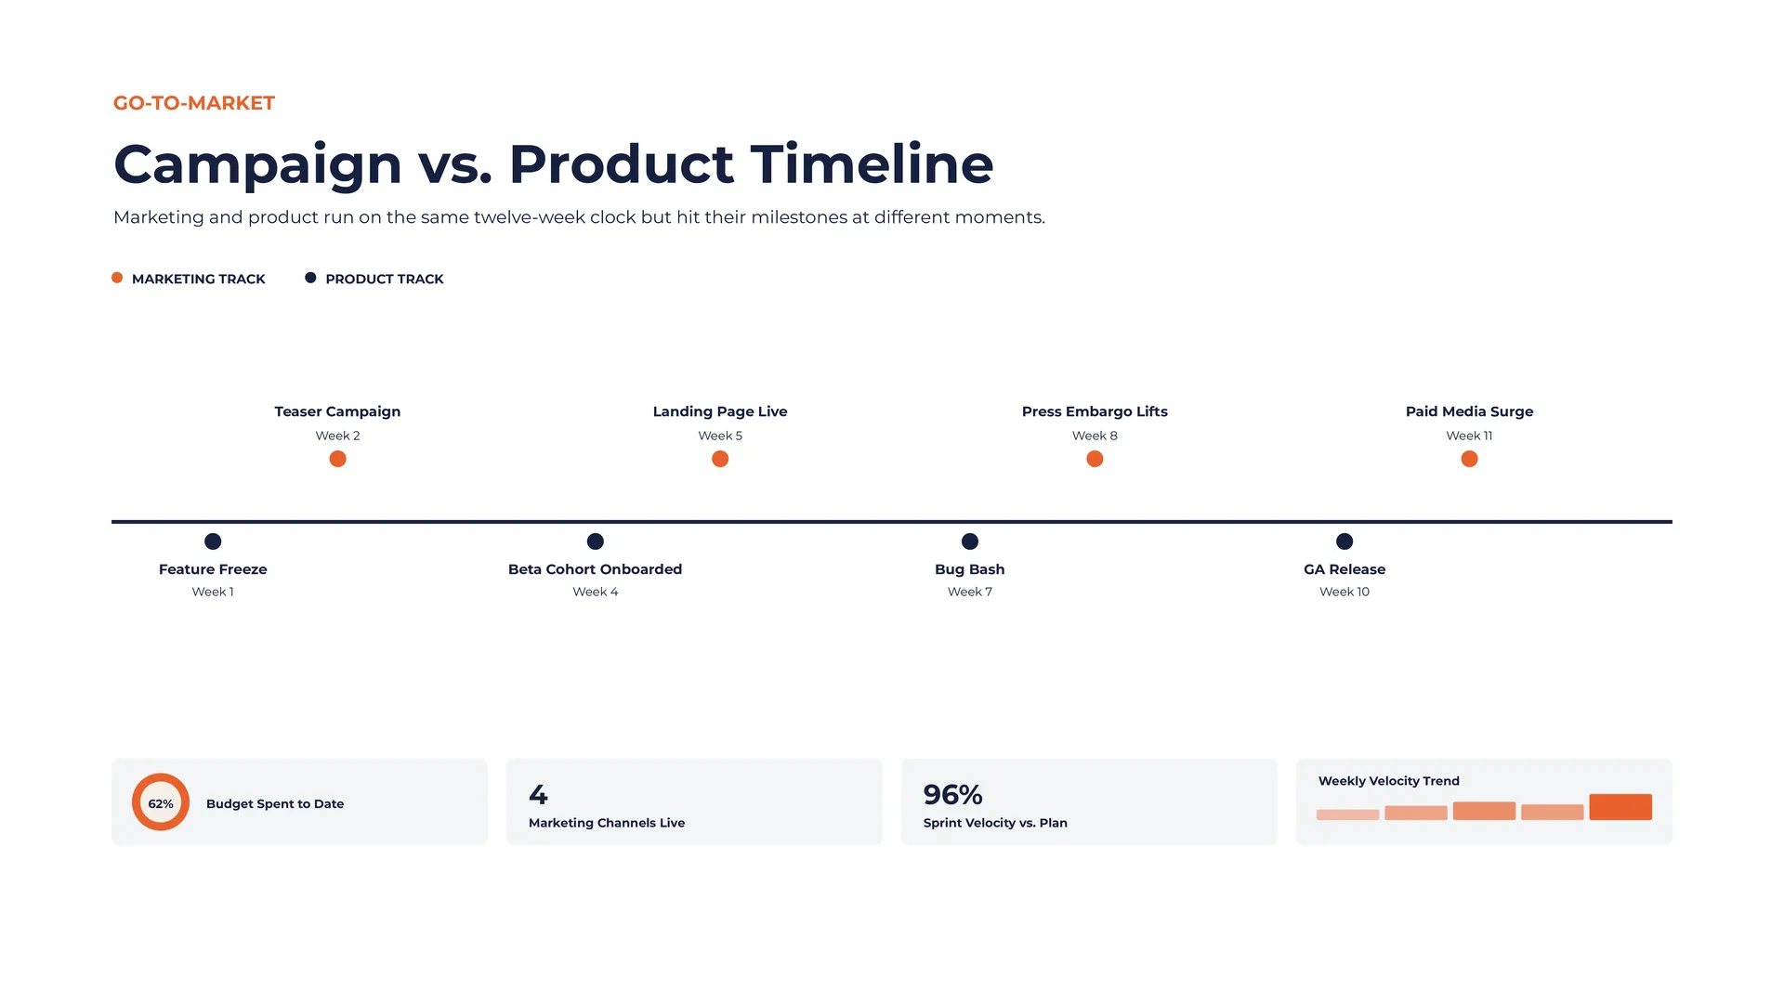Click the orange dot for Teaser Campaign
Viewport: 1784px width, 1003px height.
tap(337, 459)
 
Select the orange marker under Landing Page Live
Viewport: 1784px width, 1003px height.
tap(720, 459)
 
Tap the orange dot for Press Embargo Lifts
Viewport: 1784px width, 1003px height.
tap(1095, 459)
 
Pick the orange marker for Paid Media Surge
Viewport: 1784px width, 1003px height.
tap(1469, 459)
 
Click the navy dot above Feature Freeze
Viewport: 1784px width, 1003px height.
tap(213, 541)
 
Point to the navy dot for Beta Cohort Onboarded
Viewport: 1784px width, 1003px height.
tap(596, 541)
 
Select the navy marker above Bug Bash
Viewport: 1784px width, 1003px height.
tap(970, 541)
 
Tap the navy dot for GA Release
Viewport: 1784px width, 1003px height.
tap(1345, 541)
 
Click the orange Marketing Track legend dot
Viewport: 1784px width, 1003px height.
tap(117, 278)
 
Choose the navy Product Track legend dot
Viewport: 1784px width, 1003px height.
tap(310, 278)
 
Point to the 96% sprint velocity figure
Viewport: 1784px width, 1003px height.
tap(952, 795)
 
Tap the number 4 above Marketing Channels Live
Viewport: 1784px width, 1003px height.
tap(538, 795)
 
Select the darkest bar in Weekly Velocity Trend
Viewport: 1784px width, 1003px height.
tap(1620, 807)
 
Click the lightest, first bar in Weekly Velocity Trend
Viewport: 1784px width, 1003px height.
tap(1347, 814)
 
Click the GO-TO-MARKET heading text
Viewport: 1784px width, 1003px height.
tap(194, 103)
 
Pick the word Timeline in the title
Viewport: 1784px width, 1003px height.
tap(872, 163)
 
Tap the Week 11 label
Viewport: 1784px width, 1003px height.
tap(1469, 436)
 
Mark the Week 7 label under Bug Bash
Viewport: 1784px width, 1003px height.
tap(970, 592)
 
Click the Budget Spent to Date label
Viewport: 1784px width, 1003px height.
tap(275, 803)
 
